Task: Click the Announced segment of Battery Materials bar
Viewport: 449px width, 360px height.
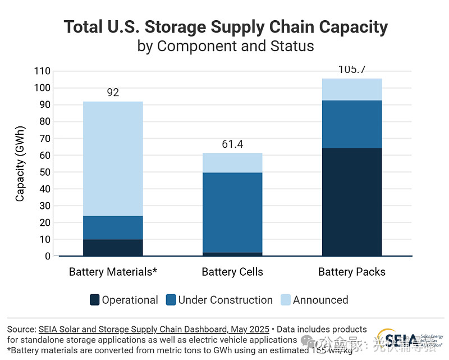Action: point(113,158)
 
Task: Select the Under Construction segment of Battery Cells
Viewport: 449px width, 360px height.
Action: point(232,212)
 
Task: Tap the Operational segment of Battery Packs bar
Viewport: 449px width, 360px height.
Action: point(352,202)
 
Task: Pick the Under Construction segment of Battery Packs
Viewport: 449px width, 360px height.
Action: point(352,124)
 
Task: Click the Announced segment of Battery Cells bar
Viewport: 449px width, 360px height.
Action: point(232,162)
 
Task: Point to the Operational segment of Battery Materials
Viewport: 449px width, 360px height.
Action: point(113,248)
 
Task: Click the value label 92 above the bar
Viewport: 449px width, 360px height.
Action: point(113,93)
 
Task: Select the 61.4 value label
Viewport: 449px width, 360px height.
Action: point(232,144)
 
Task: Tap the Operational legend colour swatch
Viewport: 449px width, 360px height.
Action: point(95,300)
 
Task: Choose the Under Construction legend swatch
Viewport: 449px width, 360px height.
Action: point(171,300)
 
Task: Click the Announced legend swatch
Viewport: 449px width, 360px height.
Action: point(286,300)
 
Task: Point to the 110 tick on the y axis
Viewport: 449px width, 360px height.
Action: point(42,71)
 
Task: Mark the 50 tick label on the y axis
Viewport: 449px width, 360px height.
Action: point(44,172)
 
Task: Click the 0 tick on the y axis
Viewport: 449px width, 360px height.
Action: point(47,256)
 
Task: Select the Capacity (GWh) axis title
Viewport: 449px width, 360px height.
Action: point(20,164)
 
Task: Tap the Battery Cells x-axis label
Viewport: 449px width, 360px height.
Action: point(232,272)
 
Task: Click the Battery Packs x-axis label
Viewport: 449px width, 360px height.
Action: point(352,272)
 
